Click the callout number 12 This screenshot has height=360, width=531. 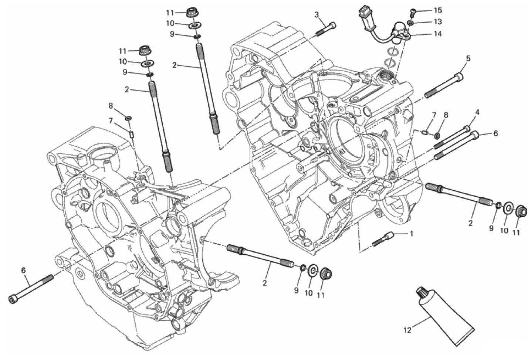[x=407, y=330]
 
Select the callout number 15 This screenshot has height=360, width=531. [x=438, y=10]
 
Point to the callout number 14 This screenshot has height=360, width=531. [x=438, y=34]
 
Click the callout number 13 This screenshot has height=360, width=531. [x=438, y=22]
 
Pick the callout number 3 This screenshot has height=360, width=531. [x=317, y=15]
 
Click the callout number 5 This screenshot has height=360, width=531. [x=469, y=58]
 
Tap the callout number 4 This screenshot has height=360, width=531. [x=477, y=112]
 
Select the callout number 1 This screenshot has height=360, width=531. [x=412, y=234]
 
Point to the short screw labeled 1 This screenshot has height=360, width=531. [x=383, y=239]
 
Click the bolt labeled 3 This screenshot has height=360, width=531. [x=326, y=30]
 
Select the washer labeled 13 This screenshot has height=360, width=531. [x=410, y=23]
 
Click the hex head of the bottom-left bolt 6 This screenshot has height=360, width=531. [x=12, y=299]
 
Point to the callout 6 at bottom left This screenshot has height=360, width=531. [x=23, y=270]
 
